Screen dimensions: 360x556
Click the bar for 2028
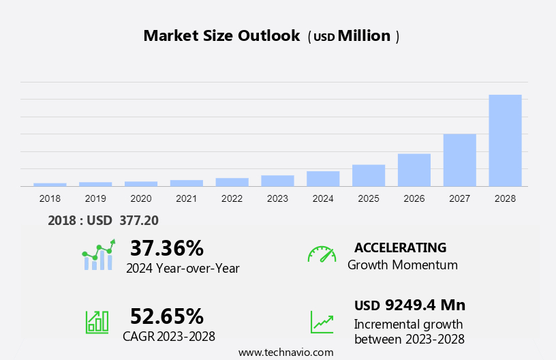[505, 140]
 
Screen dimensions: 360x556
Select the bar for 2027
[459, 160]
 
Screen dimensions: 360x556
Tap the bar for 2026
[414, 170]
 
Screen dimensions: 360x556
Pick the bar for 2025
[369, 175]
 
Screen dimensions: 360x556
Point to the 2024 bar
[323, 179]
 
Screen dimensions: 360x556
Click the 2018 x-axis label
[50, 198]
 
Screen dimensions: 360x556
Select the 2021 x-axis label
[186, 198]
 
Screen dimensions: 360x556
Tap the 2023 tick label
[277, 198]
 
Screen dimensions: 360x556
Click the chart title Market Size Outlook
[221, 36]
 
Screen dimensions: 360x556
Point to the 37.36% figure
[167, 247]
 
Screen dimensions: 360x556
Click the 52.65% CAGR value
[167, 316]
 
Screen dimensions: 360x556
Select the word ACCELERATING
[401, 247]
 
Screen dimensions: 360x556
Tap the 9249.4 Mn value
[425, 305]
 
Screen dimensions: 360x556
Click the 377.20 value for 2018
[139, 220]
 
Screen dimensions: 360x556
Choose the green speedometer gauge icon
[322, 254]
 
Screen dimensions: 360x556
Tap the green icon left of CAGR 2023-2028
[97, 322]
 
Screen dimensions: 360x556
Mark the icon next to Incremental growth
[322, 322]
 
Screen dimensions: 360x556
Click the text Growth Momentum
[402, 265]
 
